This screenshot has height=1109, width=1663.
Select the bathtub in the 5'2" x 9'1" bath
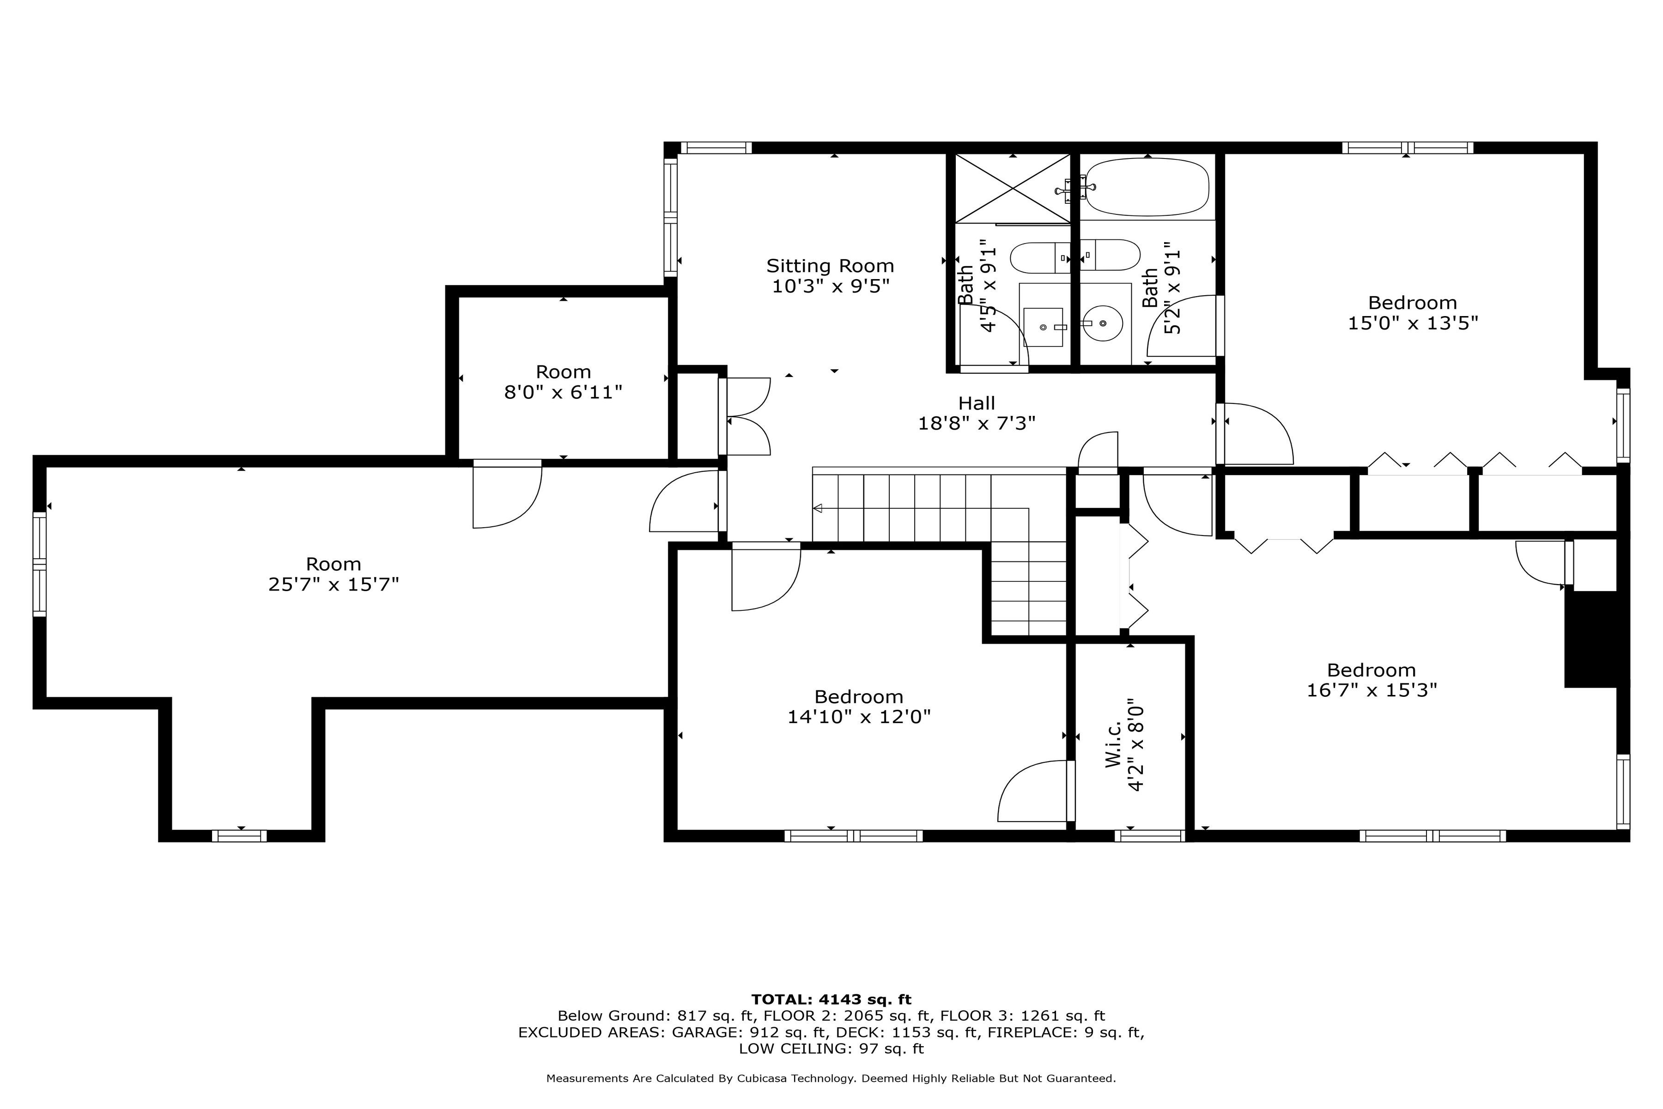coord(1147,187)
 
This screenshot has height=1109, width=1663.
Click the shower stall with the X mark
coord(1013,188)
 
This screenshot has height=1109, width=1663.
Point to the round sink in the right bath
coord(1103,323)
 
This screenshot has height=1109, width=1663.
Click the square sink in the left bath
coord(1043,327)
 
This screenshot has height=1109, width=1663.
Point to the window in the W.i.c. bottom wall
coord(1150,836)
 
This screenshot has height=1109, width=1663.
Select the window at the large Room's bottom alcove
coord(240,836)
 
